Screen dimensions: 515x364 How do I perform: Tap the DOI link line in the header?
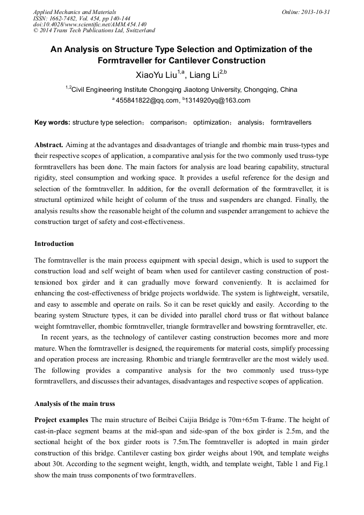tap(90, 24)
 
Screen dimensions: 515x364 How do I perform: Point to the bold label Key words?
tap(52, 122)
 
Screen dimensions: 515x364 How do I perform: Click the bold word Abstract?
tap(49, 145)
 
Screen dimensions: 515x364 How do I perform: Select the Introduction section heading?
tap(54, 244)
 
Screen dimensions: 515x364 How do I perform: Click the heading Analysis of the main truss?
tap(75, 404)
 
